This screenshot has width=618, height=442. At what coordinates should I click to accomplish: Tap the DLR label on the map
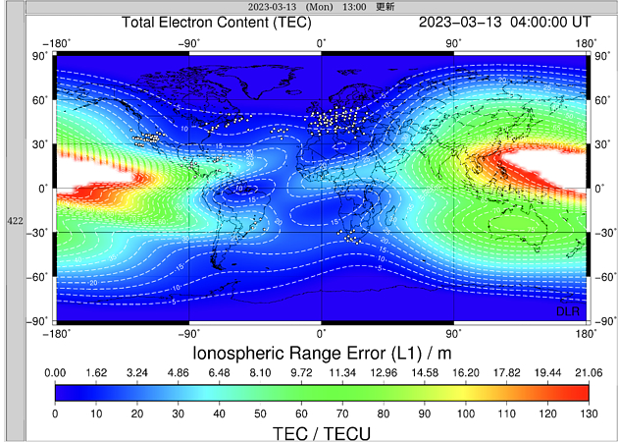pyautogui.click(x=568, y=310)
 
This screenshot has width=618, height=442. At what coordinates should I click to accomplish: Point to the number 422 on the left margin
pyautogui.click(x=15, y=220)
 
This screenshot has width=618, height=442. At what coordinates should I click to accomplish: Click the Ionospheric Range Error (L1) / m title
pyautogui.click(x=321, y=353)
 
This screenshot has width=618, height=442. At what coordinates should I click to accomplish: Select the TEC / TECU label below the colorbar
pyautogui.click(x=321, y=432)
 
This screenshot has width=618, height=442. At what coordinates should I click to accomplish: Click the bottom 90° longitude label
pyautogui.click(x=454, y=333)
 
